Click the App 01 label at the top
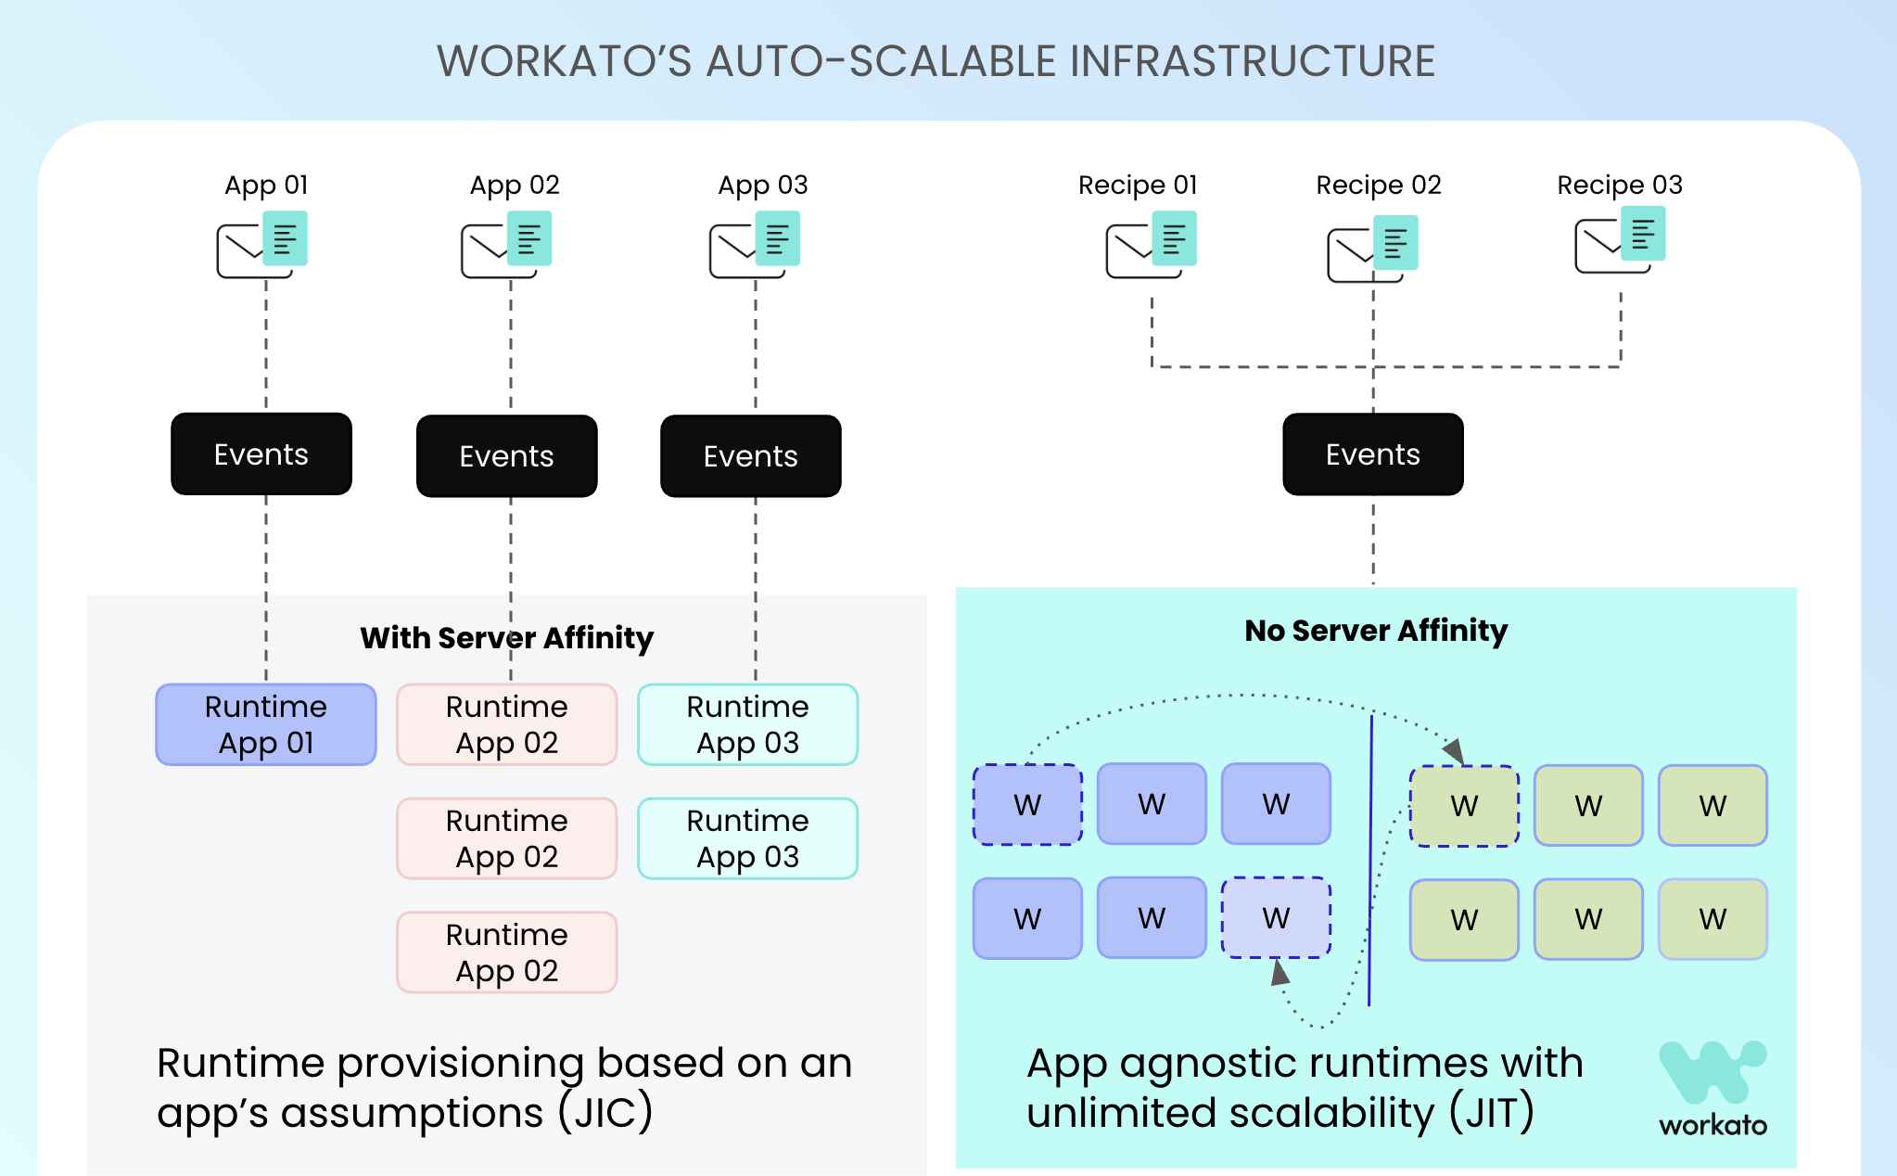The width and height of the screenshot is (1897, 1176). click(266, 185)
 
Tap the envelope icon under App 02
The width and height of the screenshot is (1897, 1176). click(506, 246)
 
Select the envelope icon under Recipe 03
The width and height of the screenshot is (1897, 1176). click(1620, 240)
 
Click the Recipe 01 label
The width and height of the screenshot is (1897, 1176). click(1138, 185)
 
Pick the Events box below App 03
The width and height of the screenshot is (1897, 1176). click(750, 455)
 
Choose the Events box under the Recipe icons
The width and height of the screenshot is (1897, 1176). click(1372, 454)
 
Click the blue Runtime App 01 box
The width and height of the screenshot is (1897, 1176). click(266, 724)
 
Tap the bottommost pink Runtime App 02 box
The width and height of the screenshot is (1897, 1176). click(506, 952)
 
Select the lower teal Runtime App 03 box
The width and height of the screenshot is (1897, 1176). click(747, 838)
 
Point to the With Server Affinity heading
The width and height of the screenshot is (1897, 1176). click(506, 638)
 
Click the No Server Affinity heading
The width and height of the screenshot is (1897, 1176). click(1376, 631)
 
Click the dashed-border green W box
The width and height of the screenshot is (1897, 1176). click(1464, 806)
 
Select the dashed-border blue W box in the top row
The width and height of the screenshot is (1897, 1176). click(1027, 804)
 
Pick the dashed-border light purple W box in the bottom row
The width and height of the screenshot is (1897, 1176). click(1276, 918)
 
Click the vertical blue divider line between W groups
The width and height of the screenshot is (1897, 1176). click(1370, 863)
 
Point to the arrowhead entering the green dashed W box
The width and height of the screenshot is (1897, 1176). click(1454, 750)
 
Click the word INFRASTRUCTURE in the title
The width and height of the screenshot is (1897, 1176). click(1253, 61)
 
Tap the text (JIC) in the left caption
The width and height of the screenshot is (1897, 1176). click(605, 1113)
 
